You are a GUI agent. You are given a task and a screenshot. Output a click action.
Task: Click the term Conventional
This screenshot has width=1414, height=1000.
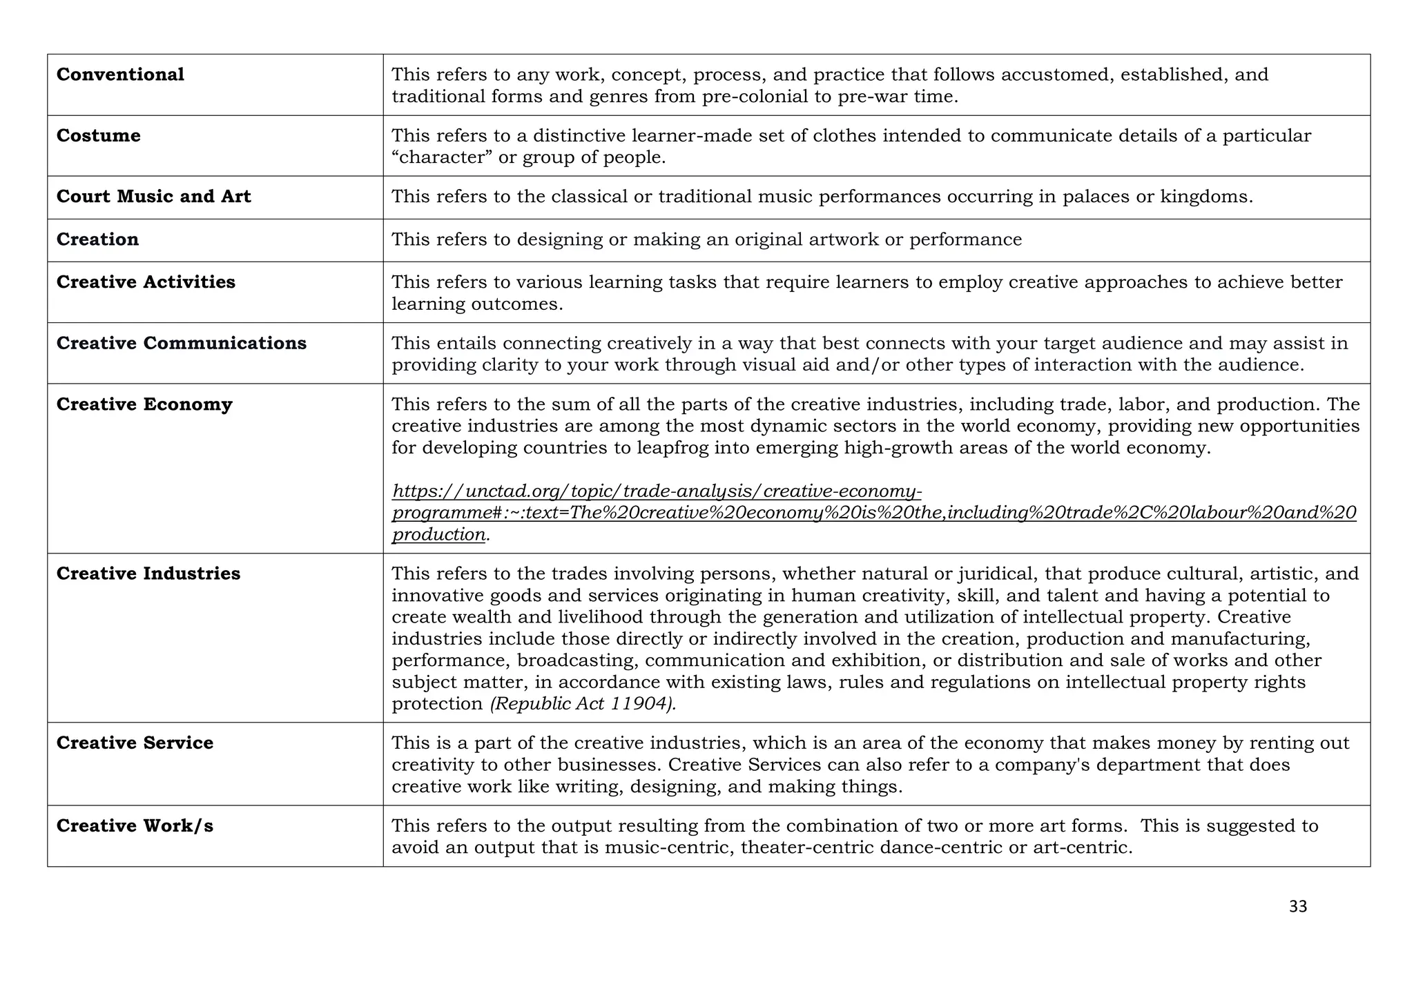[x=120, y=75]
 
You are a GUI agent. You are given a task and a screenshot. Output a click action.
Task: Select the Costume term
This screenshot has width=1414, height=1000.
[x=98, y=135]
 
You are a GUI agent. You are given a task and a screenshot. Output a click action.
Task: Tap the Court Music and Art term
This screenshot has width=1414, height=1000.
[x=153, y=197]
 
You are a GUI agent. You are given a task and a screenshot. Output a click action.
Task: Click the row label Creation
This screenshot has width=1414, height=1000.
[x=97, y=239]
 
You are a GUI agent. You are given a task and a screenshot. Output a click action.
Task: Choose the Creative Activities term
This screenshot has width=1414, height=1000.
[x=146, y=282]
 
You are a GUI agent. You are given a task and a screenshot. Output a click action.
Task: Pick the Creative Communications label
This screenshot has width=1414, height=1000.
[x=181, y=343]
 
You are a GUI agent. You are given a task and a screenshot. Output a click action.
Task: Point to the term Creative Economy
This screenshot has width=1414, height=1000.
[x=144, y=404]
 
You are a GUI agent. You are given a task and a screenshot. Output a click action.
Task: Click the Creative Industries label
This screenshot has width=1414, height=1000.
[x=148, y=573]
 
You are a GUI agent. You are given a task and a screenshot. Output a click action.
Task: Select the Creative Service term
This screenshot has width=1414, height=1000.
[x=135, y=743]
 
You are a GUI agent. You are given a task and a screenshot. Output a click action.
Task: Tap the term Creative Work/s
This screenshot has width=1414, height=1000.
[x=135, y=826]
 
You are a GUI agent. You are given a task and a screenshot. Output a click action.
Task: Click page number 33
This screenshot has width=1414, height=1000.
[x=1297, y=907]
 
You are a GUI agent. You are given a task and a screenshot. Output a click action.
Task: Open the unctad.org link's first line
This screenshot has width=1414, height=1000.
[x=656, y=491]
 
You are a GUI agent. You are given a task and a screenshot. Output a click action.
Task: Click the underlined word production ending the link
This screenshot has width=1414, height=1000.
[x=438, y=535]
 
